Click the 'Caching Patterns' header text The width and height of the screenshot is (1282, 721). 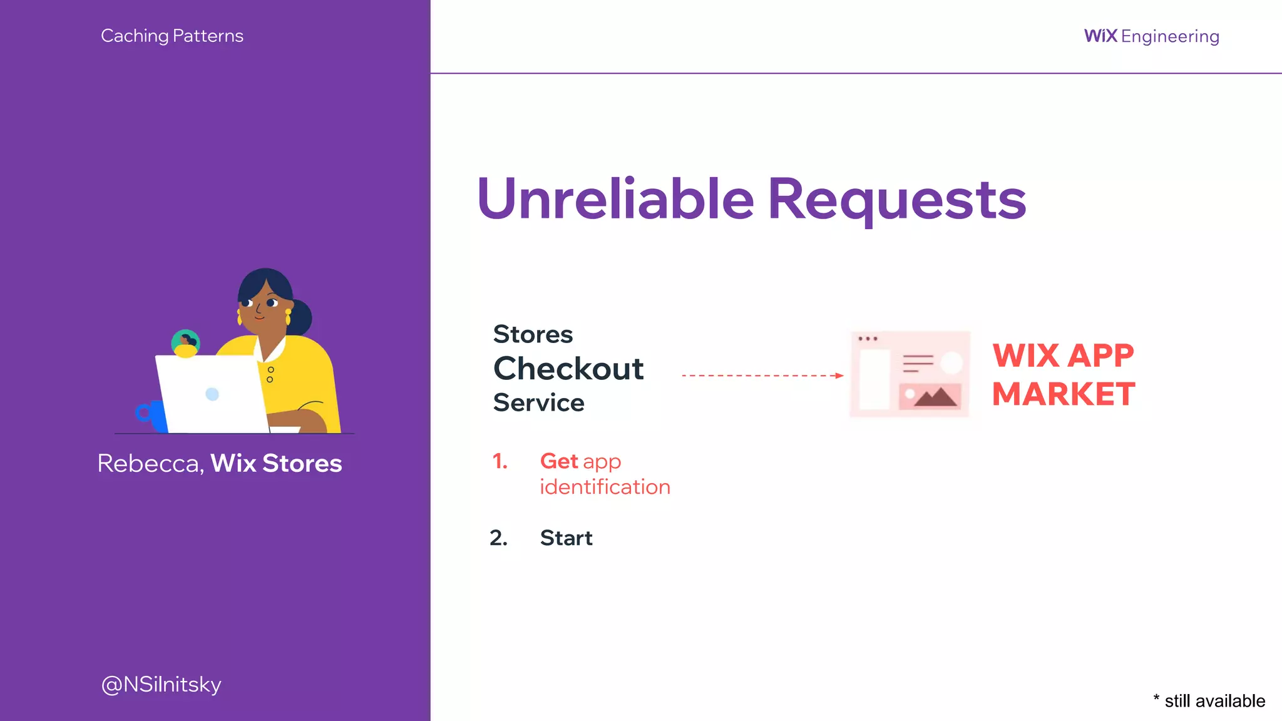click(172, 36)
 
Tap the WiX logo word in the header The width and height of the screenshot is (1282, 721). click(1100, 36)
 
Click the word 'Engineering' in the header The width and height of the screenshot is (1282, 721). click(1170, 36)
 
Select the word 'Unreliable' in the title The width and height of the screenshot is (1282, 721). click(615, 199)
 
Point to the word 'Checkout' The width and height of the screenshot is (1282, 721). click(568, 369)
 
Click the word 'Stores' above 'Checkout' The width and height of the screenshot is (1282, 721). click(533, 334)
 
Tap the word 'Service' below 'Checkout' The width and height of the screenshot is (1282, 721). click(538, 402)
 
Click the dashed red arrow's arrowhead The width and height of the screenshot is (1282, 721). click(839, 376)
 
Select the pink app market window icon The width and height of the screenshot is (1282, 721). click(910, 374)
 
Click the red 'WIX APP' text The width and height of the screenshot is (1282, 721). click(1063, 355)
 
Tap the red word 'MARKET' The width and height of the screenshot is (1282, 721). click(1064, 394)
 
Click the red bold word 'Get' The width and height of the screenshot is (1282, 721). click(558, 461)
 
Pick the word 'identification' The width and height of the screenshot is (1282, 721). click(605, 487)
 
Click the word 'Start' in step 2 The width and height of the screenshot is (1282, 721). click(566, 538)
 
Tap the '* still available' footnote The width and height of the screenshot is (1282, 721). click(1209, 700)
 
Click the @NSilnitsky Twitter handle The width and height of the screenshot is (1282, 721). click(161, 684)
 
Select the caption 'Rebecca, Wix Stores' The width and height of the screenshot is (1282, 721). click(220, 463)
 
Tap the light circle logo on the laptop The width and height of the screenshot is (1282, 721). click(212, 394)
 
